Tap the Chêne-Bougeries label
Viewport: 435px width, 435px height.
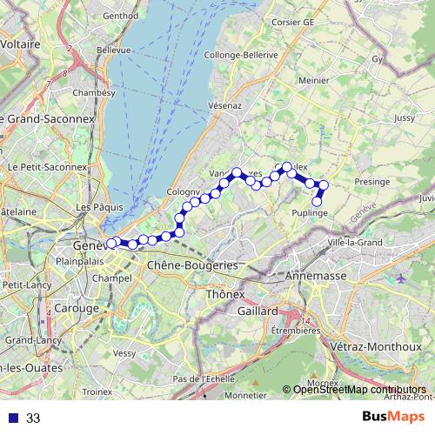(193, 264)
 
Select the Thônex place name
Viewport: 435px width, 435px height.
(224, 295)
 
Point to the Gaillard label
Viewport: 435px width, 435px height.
(255, 310)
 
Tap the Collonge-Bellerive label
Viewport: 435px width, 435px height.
(240, 54)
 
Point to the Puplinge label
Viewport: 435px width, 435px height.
(309, 212)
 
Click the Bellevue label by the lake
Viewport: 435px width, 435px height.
(114, 50)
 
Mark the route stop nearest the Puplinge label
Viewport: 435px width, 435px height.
(318, 203)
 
